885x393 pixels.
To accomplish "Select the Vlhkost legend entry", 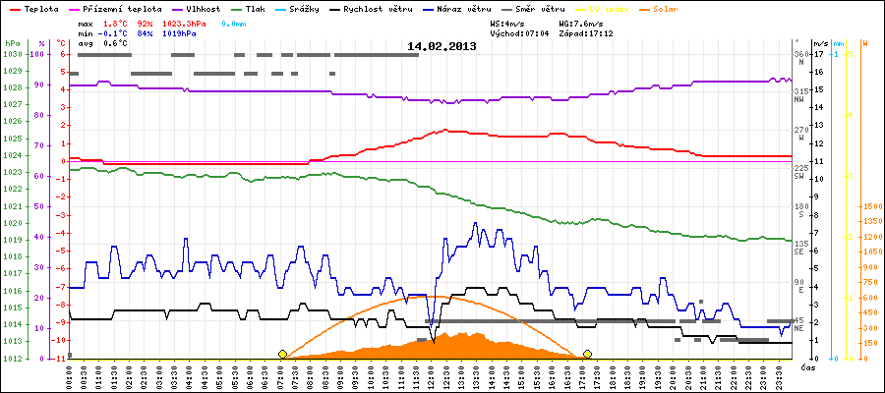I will tap(202, 8).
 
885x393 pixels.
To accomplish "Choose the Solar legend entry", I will tap(678, 8).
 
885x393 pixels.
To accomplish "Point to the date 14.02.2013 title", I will tap(442, 46).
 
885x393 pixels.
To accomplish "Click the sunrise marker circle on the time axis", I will tap(283, 354).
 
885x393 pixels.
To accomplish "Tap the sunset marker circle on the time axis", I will tap(587, 354).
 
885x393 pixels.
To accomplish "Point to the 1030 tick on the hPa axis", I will tap(12, 55).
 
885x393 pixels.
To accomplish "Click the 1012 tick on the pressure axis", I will tap(12, 359).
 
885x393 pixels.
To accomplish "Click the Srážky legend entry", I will tap(302, 8).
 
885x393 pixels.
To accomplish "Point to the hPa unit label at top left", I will tap(11, 44).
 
